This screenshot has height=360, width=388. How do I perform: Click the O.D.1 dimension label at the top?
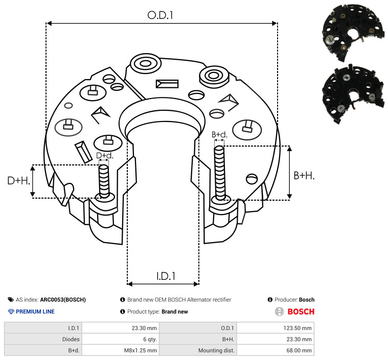(x=160, y=15)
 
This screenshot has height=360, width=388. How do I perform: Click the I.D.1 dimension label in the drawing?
(x=166, y=276)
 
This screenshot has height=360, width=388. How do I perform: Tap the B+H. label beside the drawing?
(x=304, y=176)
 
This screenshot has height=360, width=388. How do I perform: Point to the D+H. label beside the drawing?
(x=19, y=181)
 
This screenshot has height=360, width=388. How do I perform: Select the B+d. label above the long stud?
(x=219, y=134)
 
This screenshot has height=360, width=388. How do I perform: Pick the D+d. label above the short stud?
(x=105, y=156)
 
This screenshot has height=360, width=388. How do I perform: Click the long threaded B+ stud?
(x=219, y=173)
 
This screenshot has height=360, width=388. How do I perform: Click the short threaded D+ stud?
(x=104, y=181)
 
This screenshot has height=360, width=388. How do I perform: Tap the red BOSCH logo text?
(x=301, y=311)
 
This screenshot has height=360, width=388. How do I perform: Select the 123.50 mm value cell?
(x=276, y=328)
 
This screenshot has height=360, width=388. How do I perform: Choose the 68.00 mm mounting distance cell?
(x=276, y=350)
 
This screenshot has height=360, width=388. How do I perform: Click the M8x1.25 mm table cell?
(x=121, y=350)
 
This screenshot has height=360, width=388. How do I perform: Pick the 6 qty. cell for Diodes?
(x=121, y=339)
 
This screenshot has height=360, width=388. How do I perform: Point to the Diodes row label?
(x=71, y=339)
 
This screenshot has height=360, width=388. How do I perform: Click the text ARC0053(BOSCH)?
(x=63, y=300)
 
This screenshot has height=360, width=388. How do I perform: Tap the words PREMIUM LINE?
(x=35, y=311)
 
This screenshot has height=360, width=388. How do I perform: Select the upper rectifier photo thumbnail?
(x=353, y=32)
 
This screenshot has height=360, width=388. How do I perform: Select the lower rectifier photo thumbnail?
(x=353, y=94)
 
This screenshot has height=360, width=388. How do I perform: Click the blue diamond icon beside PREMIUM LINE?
(x=11, y=311)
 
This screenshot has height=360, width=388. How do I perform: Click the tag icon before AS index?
(x=11, y=300)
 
